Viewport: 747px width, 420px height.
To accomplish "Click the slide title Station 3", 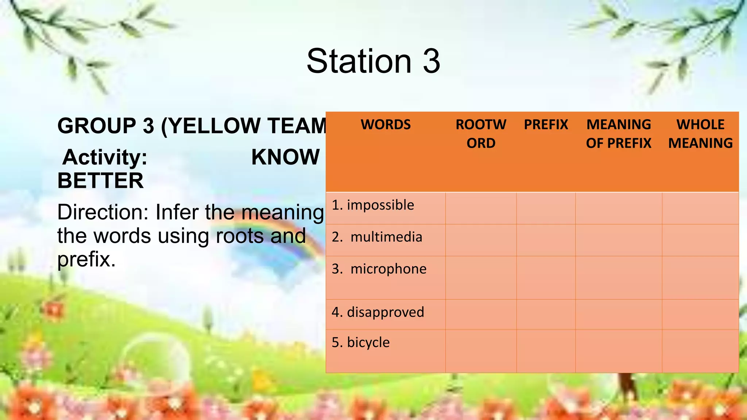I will [373, 61].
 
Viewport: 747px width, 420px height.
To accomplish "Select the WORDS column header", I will [386, 125].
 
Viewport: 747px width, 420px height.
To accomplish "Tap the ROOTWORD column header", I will [481, 134].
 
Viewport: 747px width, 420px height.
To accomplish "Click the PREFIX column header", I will [546, 125].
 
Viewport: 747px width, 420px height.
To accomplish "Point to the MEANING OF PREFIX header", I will [619, 134].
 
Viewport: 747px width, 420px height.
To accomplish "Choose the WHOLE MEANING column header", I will [700, 134].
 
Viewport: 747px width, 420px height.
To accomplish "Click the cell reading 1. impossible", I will [373, 205].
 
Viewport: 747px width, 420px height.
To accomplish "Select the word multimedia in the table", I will [386, 237].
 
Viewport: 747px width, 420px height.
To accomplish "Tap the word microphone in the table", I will [388, 269].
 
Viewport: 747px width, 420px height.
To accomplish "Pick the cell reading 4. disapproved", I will [378, 312].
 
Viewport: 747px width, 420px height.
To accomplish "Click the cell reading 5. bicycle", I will [361, 343].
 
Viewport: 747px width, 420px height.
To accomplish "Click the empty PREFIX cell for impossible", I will [546, 208].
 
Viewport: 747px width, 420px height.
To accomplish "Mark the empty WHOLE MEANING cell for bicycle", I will [700, 351].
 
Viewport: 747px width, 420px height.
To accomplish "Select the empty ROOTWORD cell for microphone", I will [481, 278].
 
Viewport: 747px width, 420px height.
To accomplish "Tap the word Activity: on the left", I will [105, 157].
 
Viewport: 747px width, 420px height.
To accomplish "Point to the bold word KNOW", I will [285, 157].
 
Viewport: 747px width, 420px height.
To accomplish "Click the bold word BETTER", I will [101, 181].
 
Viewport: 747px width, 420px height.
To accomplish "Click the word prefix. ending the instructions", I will [86, 260].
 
